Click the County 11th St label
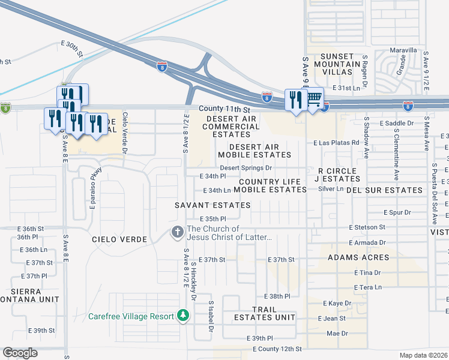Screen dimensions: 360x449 (x=224, y=109)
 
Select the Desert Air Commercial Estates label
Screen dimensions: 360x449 (x=232, y=127)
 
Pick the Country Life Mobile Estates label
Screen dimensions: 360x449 (x=270, y=185)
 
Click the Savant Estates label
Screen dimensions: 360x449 (x=204, y=205)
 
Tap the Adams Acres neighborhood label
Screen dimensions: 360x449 (x=358, y=257)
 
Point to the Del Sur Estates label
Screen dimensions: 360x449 (x=385, y=190)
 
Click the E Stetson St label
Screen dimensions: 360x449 (x=367, y=227)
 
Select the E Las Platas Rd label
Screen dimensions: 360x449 (x=336, y=143)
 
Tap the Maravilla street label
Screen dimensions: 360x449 (x=402, y=50)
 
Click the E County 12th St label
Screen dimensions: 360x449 (x=277, y=349)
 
